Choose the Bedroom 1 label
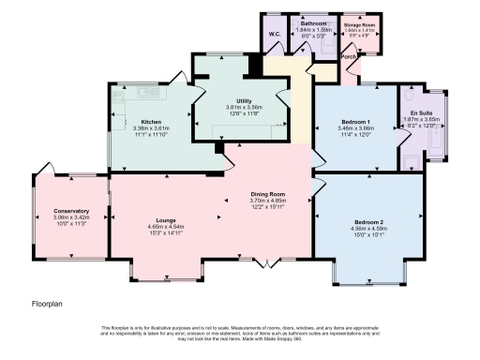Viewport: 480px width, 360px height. pyautogui.click(x=355, y=122)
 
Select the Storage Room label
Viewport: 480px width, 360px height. pyautogui.click(x=360, y=24)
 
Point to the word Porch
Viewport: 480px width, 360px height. pyautogui.click(x=349, y=55)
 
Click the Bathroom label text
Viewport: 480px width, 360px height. pyautogui.click(x=314, y=22)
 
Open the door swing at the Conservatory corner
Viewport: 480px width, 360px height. pyautogui.click(x=42, y=173)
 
